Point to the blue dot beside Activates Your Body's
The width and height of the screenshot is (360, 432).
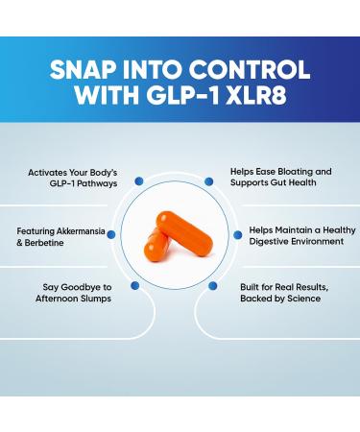[x=138, y=180]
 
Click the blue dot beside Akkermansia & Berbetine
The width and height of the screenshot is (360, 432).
[x=113, y=232]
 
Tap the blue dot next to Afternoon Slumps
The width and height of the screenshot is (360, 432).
[x=133, y=285]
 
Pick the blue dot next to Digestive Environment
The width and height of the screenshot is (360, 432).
[x=239, y=232]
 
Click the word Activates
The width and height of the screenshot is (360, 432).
[x=49, y=170]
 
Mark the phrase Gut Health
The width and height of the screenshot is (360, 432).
[x=307, y=182]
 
